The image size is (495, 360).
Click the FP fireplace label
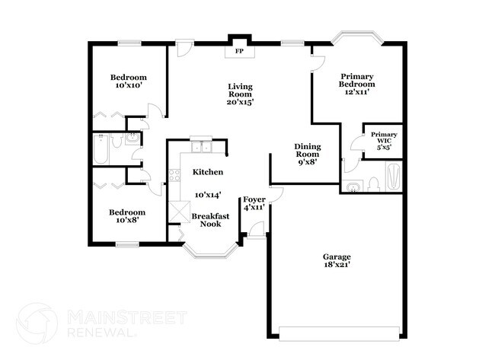point(239,52)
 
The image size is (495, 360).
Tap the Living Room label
point(240,91)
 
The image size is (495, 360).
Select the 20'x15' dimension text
point(240,101)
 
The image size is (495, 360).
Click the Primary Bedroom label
point(357,80)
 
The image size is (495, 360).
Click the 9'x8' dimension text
point(308,161)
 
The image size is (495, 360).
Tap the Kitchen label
point(207,172)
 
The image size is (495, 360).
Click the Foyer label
point(254,199)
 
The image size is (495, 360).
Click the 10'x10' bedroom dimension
point(128,86)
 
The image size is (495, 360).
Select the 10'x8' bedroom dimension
point(126,221)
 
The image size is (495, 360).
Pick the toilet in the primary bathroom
point(372,183)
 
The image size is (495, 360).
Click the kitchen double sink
point(202,148)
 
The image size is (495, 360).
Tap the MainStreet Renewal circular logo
point(37,322)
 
